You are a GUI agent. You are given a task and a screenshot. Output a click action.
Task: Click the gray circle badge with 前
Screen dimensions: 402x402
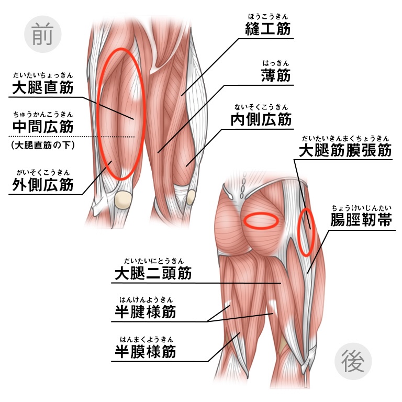pos(43,34)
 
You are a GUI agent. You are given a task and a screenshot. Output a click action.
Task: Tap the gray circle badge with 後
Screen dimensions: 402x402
pos(353,361)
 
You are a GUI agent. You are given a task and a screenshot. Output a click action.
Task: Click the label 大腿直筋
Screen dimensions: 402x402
pos(43,87)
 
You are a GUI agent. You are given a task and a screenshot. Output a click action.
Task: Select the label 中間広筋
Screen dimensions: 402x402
pos(43,126)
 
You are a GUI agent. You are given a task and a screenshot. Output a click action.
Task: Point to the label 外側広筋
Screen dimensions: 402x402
pos(43,184)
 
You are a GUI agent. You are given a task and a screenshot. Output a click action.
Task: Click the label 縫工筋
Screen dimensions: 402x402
pos(267,28)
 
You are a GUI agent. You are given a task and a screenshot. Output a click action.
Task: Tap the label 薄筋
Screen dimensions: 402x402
pos(276,75)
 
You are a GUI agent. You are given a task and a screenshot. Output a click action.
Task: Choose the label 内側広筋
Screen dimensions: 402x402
pos(261,119)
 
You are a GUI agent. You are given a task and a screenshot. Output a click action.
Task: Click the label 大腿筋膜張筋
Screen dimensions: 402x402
pos(345,150)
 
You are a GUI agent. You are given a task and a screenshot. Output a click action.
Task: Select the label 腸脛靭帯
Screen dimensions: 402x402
pos(361,220)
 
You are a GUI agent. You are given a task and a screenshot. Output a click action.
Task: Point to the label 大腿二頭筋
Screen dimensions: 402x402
pos(153,273)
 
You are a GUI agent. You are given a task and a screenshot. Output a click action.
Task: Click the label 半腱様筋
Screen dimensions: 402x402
pos(146,312)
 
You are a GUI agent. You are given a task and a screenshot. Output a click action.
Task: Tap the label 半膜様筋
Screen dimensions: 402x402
pos(146,351)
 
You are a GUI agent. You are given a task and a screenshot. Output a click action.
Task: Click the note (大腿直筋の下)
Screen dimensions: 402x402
pos(43,146)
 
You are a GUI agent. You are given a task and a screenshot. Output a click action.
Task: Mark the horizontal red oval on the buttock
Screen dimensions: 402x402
pos(261,221)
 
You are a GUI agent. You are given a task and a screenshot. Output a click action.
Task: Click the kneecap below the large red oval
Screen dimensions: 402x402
pos(124,200)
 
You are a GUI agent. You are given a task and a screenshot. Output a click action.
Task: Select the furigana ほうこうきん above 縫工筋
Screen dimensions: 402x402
pos(268,17)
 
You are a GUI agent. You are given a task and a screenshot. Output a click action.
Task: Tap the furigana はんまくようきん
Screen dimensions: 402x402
pos(147,339)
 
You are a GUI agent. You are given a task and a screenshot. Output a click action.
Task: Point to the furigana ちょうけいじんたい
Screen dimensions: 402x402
pos(361,208)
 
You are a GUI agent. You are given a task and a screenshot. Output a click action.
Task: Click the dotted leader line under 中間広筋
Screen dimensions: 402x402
pos(72,137)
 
